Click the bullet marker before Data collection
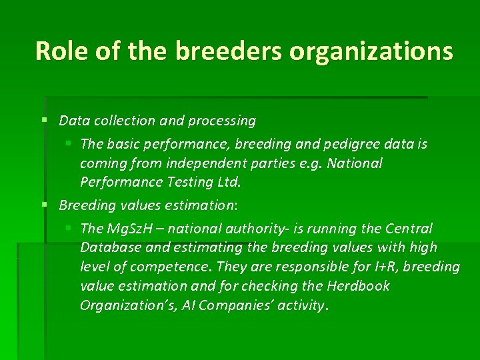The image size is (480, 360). coord(43,121)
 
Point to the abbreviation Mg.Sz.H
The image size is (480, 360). coord(129,229)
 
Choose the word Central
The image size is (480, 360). coord(409,229)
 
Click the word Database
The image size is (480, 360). coord(109,248)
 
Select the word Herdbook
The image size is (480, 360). coord(358,287)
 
